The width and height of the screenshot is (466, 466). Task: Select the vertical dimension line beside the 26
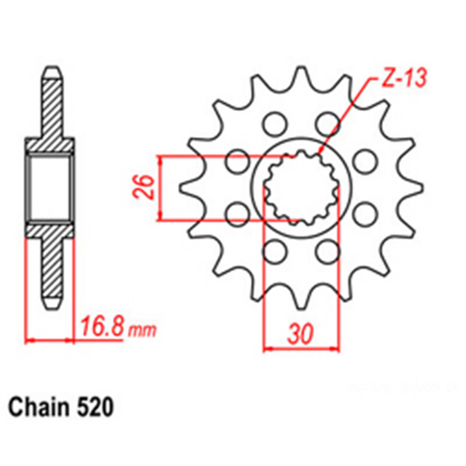tap(164, 190)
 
